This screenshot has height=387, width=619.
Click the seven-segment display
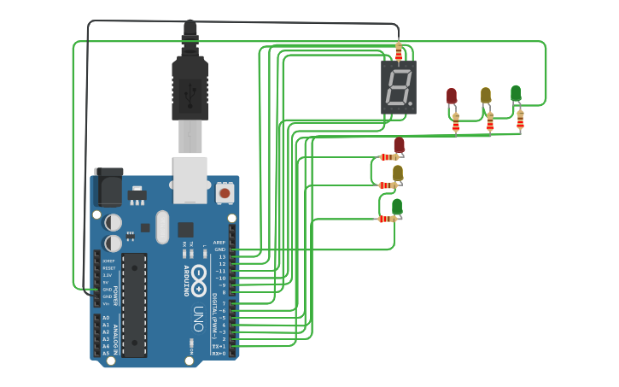tap(399, 86)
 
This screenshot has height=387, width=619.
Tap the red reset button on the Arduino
tap(225, 193)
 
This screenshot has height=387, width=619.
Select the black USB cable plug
tap(190, 85)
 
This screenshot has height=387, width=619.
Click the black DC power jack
tap(108, 187)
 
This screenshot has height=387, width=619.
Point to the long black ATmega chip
tap(135, 304)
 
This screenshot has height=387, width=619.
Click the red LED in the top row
tap(452, 96)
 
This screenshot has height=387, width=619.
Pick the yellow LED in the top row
tap(486, 95)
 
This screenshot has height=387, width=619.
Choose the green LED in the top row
tap(516, 93)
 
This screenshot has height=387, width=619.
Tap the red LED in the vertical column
tap(399, 145)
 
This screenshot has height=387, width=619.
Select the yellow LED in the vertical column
tap(397, 173)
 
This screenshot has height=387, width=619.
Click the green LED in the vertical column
tap(396, 207)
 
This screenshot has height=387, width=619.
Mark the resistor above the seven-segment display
tap(398, 51)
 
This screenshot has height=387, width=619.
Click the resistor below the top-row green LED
tap(520, 120)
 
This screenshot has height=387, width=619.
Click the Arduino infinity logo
tap(198, 276)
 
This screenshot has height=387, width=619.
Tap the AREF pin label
tap(219, 242)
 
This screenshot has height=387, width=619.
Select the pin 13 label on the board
tap(222, 256)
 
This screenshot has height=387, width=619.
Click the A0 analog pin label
tap(106, 317)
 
